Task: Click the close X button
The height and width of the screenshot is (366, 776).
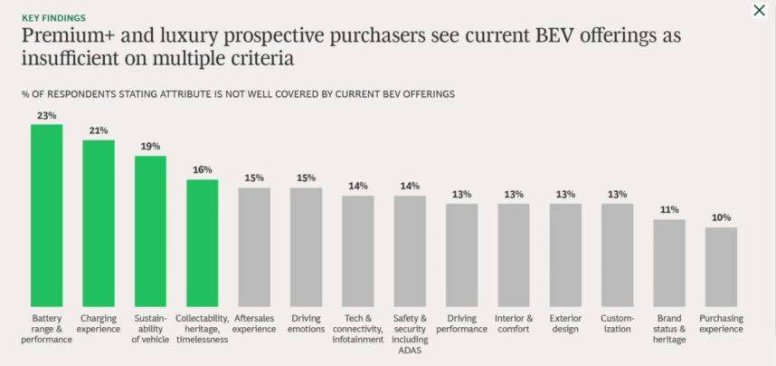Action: coord(759,11)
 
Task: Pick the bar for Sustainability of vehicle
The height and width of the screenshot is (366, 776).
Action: coord(150,231)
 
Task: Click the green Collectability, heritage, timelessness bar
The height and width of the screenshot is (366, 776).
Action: coord(203,243)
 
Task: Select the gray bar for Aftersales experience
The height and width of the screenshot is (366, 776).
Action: coord(254,246)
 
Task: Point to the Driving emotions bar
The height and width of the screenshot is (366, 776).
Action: coord(307,246)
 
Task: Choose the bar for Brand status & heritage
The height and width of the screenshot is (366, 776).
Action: coord(669,263)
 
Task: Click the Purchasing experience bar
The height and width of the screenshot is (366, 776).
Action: coord(721,266)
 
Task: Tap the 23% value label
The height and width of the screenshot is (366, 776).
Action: coord(47,116)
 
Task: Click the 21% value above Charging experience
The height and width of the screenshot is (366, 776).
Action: coord(99,131)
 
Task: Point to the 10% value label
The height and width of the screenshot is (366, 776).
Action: coord(721,217)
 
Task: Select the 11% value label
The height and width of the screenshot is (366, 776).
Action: coord(669,209)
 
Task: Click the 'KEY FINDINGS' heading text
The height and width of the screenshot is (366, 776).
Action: coord(54,17)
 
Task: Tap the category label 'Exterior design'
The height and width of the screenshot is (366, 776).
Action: coord(565,323)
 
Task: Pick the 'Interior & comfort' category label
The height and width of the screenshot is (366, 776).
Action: coord(514,323)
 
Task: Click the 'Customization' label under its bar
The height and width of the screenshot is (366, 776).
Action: coord(618,323)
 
